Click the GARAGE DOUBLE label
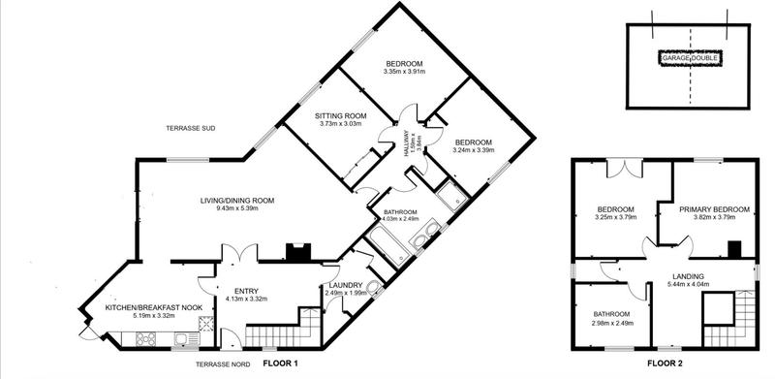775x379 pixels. click(690, 58)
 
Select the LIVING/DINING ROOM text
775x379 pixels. click(237, 201)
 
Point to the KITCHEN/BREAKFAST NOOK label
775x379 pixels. click(126, 305)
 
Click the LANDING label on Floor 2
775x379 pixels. click(690, 275)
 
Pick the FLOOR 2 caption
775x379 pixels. click(668, 363)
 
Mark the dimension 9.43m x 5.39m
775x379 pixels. click(237, 210)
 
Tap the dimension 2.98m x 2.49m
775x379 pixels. click(611, 324)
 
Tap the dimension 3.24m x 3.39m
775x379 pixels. click(474, 150)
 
